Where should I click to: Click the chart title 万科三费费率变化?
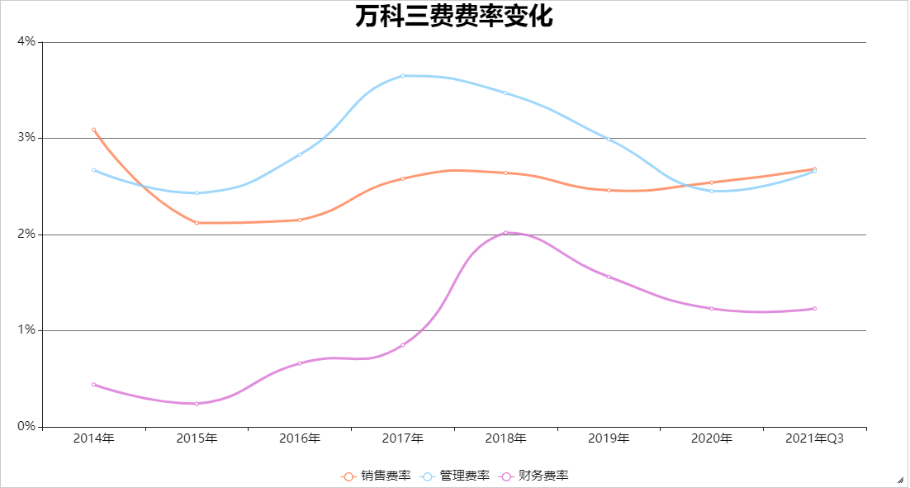point(454,17)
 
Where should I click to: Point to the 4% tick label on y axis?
point(26,41)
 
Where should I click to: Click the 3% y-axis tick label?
point(26,138)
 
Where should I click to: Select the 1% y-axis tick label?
point(26,330)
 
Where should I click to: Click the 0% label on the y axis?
point(26,427)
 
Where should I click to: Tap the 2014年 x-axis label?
point(93,438)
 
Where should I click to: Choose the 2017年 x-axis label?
point(403,438)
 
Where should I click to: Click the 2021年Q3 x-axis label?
point(815,438)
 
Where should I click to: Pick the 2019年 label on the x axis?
point(609,438)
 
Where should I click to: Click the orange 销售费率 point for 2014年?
point(93,130)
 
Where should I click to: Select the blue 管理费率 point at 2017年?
point(403,75)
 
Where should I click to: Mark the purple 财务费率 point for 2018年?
point(505,233)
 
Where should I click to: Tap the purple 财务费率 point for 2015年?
point(197,404)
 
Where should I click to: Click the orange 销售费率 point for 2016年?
point(300,220)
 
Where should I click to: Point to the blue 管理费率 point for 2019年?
point(609,139)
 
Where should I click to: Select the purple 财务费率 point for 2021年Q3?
point(815,309)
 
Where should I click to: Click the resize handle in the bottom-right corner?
point(900,479)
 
